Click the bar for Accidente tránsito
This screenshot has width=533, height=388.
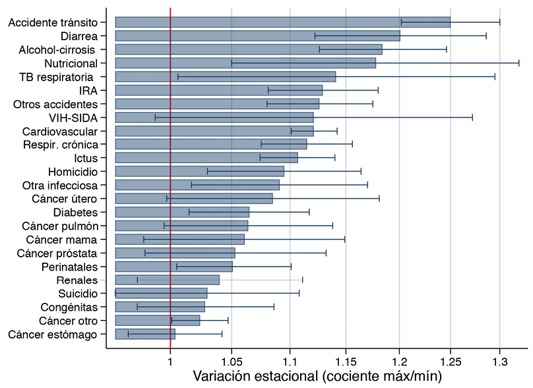coord(282,22)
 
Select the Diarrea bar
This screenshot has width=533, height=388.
coord(257,36)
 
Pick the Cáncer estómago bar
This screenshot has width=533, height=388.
coord(145,334)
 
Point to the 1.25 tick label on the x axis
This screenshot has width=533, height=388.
coord(451,361)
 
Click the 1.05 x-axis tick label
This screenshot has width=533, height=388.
coord(232,361)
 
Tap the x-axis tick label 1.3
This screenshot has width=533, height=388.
coord(500,361)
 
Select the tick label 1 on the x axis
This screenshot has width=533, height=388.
coord(170,361)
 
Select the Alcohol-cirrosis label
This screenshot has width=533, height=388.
coord(57,49)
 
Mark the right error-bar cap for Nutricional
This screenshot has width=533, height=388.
coord(519,63)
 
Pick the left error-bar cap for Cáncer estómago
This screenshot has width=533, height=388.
coord(128,334)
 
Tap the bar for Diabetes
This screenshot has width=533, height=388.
coord(182,212)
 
